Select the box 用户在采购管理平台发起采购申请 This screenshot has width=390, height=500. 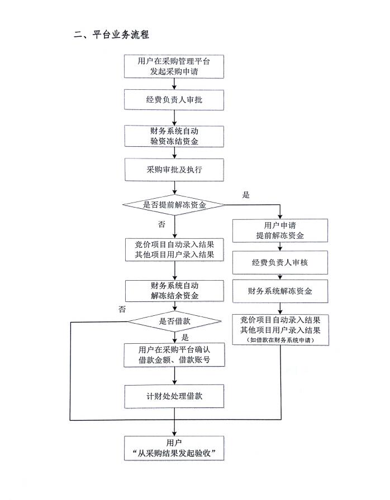(x=174, y=66)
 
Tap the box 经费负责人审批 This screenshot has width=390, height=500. (x=174, y=100)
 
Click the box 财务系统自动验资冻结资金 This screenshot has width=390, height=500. (x=174, y=136)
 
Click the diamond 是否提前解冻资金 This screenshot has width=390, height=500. (x=174, y=205)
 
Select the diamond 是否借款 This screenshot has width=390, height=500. (x=174, y=322)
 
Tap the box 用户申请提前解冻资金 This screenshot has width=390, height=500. (x=280, y=230)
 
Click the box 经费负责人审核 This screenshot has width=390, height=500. (x=280, y=262)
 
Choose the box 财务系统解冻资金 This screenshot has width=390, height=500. (x=280, y=291)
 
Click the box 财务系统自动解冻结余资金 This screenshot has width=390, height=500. (x=174, y=291)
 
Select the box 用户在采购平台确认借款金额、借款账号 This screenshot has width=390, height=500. (x=174, y=355)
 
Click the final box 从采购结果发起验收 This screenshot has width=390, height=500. (x=174, y=447)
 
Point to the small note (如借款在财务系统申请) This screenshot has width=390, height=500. (x=280, y=340)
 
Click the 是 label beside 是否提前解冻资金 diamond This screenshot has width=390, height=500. (x=246, y=195)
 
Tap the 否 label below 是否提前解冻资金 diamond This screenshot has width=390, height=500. (x=162, y=224)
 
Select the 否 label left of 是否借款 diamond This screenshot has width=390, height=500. (x=122, y=309)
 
